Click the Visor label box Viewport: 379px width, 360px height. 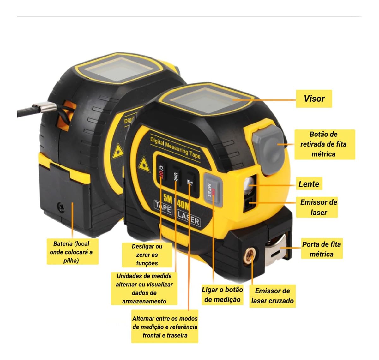tap(314, 99)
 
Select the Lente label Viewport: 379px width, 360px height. tap(309, 184)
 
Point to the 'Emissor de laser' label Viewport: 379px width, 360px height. tap(318, 207)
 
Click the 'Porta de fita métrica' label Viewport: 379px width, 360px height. tap(322, 249)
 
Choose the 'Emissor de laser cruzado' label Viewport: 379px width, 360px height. tap(272, 296)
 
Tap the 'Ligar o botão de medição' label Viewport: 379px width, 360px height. tap(222, 295)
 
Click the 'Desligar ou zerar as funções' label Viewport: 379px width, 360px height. tap(147, 255)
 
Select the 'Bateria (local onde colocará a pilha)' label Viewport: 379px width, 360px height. tap(71, 252)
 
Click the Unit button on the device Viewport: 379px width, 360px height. tap(176, 177)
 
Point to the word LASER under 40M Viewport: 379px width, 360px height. tap(189, 218)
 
